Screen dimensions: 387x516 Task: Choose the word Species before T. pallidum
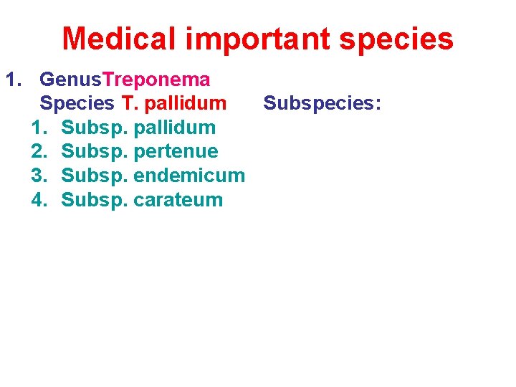[x=77, y=103]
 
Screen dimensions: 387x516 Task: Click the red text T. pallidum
[x=174, y=103]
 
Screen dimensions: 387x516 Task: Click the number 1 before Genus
[x=13, y=79]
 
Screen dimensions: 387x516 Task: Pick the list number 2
[x=39, y=151]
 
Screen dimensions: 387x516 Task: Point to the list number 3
[x=39, y=176]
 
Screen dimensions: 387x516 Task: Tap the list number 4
[x=39, y=199]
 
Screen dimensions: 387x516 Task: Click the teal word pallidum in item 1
[x=174, y=128]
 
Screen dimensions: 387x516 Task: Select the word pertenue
[x=176, y=152]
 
